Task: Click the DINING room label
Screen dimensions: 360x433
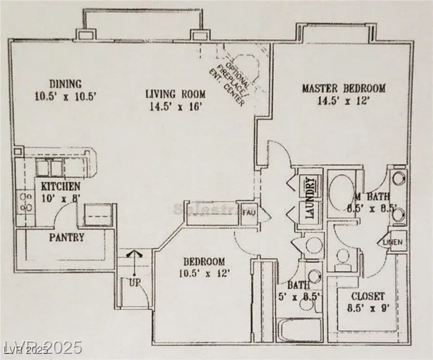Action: click(x=64, y=84)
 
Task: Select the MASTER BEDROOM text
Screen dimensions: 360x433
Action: click(x=344, y=88)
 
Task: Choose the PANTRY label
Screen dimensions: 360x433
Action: click(x=67, y=237)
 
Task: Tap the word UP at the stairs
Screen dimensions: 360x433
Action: click(x=135, y=283)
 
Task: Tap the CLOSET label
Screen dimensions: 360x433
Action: click(x=368, y=296)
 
